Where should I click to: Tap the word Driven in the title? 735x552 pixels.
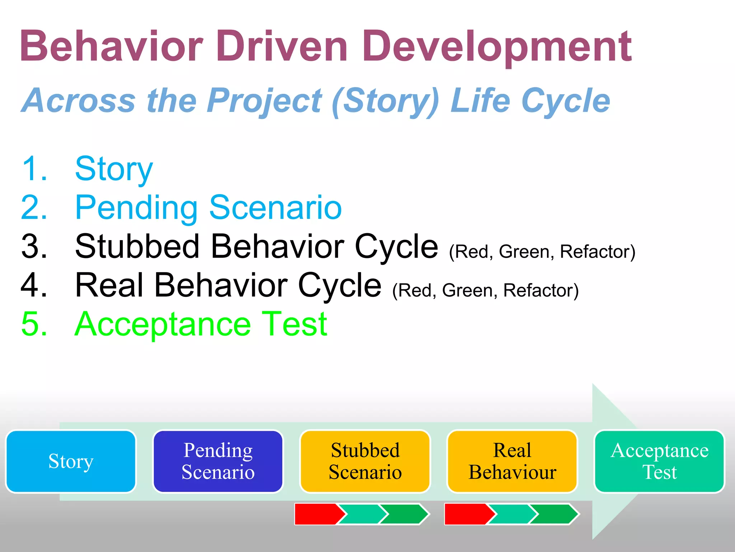[x=282, y=47]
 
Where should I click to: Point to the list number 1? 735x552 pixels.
[x=34, y=169]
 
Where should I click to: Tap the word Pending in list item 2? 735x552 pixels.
[x=136, y=208]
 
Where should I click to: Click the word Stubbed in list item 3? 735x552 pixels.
[x=137, y=247]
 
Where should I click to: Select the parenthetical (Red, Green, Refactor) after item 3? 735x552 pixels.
[x=542, y=252]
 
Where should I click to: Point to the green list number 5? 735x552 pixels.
[x=34, y=324]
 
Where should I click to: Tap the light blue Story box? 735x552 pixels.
[x=71, y=461]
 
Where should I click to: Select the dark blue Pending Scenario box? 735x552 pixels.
[x=218, y=461]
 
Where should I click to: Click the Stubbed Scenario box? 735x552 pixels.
[x=365, y=461]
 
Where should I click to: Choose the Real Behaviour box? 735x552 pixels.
[x=512, y=461]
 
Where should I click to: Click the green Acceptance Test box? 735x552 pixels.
[x=659, y=461]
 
